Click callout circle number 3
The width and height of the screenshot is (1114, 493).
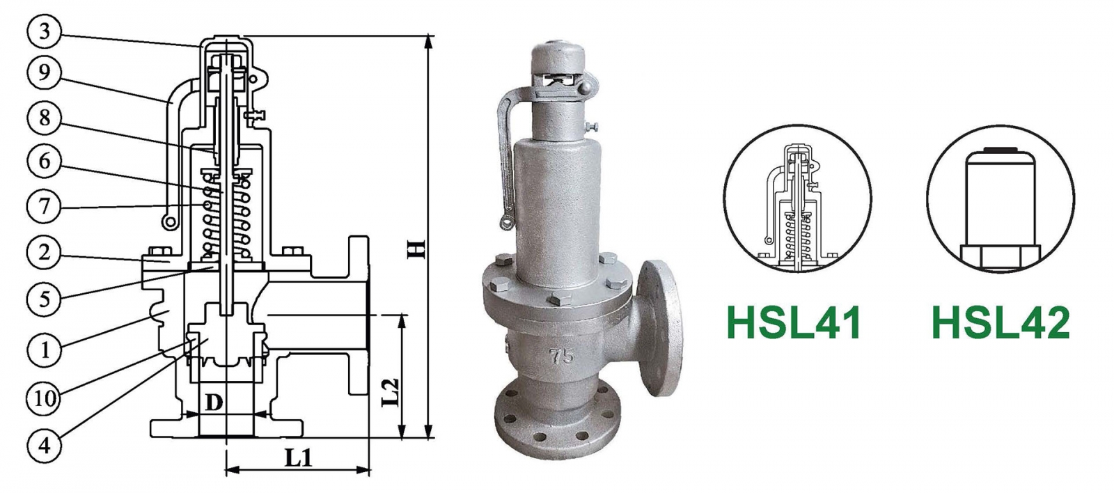pyautogui.click(x=44, y=31)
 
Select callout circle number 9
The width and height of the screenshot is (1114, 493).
pyautogui.click(x=44, y=72)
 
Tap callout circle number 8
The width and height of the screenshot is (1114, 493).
pyautogui.click(x=44, y=118)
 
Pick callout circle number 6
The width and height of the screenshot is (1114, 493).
pyautogui.click(x=44, y=162)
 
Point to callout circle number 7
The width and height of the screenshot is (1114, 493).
pyautogui.click(x=44, y=207)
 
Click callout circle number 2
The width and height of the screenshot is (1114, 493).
pyautogui.click(x=44, y=252)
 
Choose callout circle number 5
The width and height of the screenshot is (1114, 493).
pyautogui.click(x=44, y=299)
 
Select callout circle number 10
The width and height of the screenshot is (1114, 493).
pyautogui.click(x=44, y=398)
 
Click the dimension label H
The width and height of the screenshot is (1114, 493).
pyautogui.click(x=416, y=249)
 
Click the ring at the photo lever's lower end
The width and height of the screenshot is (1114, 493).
pyautogui.click(x=506, y=222)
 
